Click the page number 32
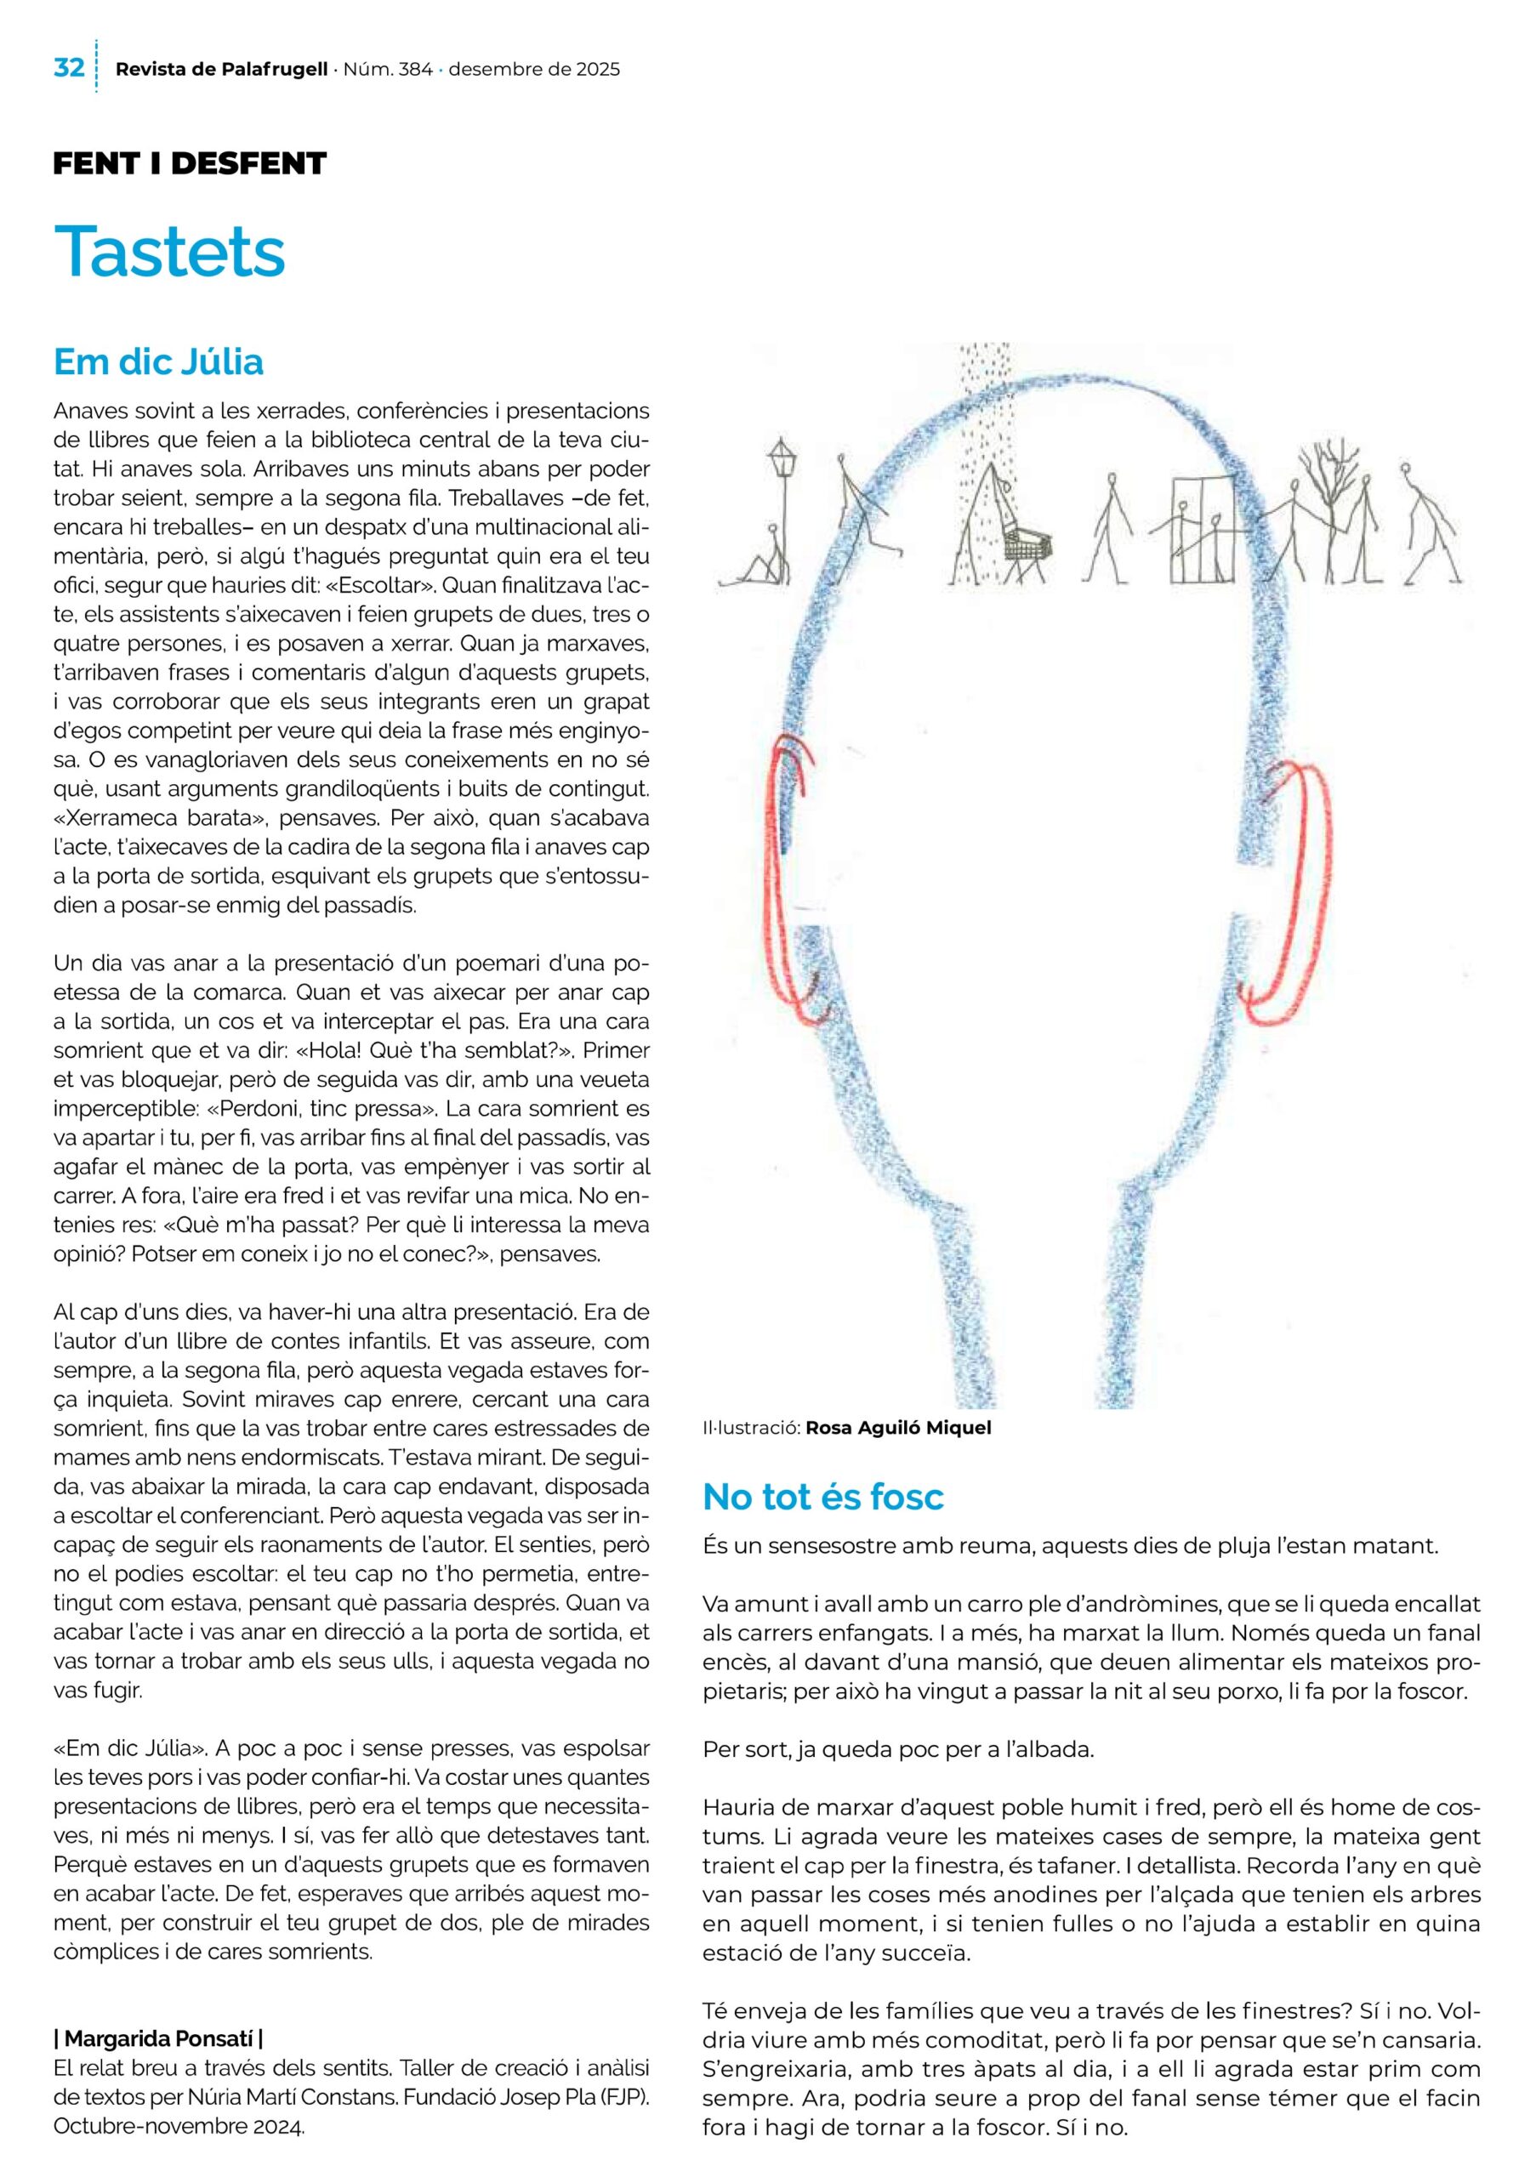[69, 68]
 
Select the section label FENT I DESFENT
[190, 164]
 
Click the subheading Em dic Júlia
[158, 361]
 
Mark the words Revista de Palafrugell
[222, 69]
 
